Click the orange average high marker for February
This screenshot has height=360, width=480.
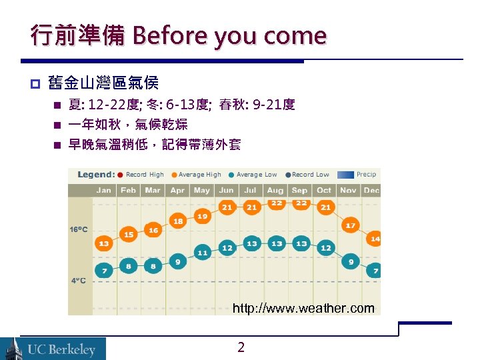[x=129, y=235]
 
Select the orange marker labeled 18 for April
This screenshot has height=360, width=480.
[x=178, y=221]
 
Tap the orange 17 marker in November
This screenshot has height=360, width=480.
[x=351, y=226]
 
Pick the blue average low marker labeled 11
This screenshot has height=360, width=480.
[x=203, y=253]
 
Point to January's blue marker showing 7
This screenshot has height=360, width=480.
[x=103, y=271]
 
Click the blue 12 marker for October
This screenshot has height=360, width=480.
[x=325, y=247]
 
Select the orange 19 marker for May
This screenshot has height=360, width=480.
[x=203, y=217]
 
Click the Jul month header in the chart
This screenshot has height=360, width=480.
[x=251, y=190]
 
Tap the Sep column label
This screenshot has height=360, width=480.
[x=299, y=190]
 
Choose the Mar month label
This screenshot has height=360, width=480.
[x=153, y=190]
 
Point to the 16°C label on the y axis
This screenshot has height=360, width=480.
[x=78, y=229]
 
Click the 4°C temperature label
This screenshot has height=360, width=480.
[x=78, y=281]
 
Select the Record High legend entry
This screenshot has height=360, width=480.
[x=141, y=175]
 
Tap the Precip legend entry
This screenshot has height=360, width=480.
[x=357, y=175]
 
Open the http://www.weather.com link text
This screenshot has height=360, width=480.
[x=303, y=308]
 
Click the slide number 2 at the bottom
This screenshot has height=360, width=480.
[x=241, y=347]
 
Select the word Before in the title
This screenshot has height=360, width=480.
[x=165, y=35]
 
